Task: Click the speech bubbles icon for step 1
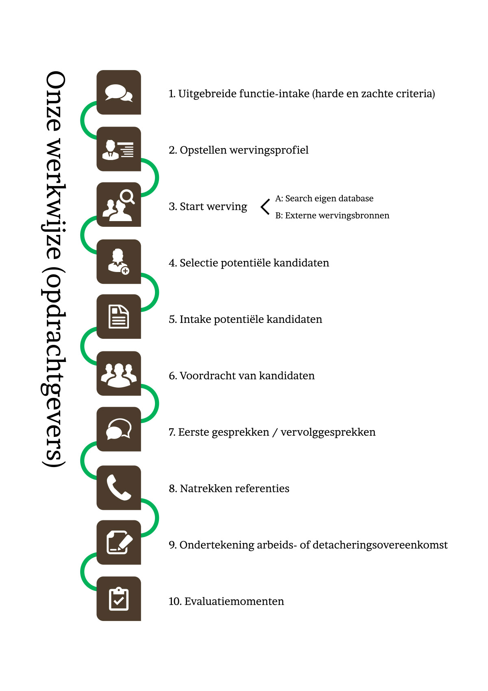[x=119, y=92]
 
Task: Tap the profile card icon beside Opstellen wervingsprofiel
[x=118, y=149]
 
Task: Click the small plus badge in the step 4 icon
[x=125, y=271]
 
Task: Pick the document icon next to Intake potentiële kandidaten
[x=119, y=316]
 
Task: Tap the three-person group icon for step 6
[x=119, y=375]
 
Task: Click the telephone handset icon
[x=119, y=487]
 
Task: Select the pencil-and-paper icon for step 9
[x=119, y=542]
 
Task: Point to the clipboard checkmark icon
[x=119, y=599]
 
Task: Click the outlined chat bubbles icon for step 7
[x=119, y=429]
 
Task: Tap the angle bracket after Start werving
[x=265, y=207]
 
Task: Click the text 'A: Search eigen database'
[x=324, y=198]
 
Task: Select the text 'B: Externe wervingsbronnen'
[x=332, y=215]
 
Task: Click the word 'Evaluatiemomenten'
[x=234, y=601]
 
